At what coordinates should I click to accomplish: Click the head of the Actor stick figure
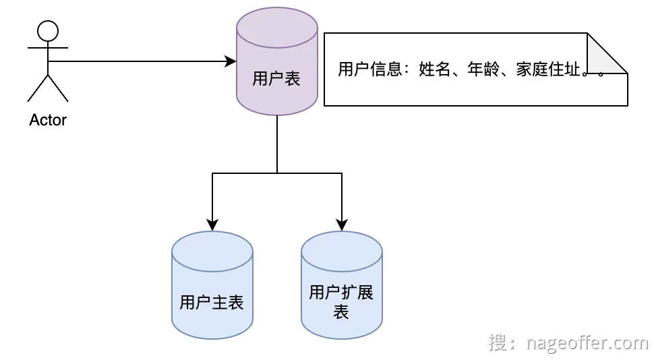click(x=48, y=31)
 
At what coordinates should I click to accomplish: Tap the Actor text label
click(x=48, y=120)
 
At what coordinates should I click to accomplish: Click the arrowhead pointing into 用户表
click(x=231, y=62)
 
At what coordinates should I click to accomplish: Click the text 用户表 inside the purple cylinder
click(x=276, y=79)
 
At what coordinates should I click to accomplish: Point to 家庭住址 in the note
click(x=547, y=69)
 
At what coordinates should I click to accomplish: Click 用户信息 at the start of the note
click(x=369, y=69)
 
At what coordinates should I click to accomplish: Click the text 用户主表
click(x=212, y=303)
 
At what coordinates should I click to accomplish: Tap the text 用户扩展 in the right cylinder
click(x=341, y=293)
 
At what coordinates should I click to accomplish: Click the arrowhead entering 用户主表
click(x=212, y=225)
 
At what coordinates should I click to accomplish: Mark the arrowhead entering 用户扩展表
click(x=342, y=225)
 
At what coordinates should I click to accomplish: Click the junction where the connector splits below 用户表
click(x=277, y=173)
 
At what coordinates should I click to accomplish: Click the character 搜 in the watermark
click(x=498, y=342)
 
